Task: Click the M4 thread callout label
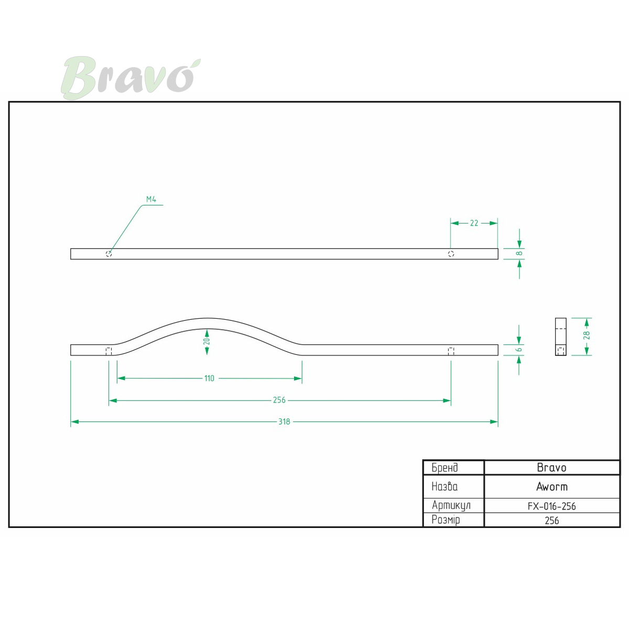pyautogui.click(x=151, y=199)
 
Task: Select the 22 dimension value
pyautogui.click(x=474, y=223)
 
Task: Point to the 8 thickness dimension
pyautogui.click(x=519, y=253)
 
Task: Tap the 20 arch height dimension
pyautogui.click(x=207, y=341)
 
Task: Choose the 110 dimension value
pyautogui.click(x=209, y=378)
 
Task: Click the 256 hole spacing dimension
pyautogui.click(x=279, y=400)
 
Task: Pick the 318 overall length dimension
pyautogui.click(x=284, y=422)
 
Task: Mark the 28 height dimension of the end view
pyautogui.click(x=587, y=335)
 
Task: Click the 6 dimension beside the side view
pyautogui.click(x=519, y=350)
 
